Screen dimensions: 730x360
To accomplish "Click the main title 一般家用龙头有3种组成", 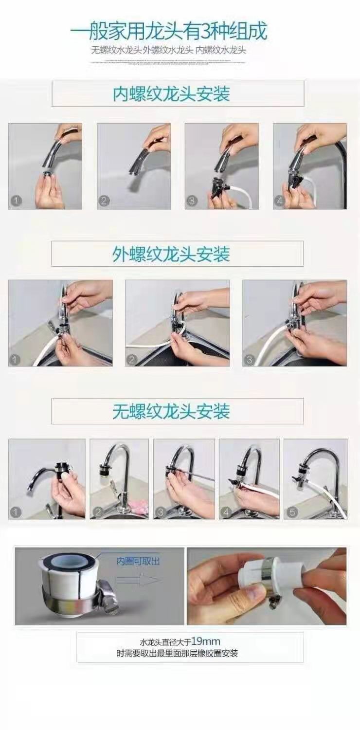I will tap(168, 32).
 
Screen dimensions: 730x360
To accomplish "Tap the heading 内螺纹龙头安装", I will tap(171, 94).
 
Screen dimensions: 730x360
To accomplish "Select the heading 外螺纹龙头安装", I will tap(171, 254).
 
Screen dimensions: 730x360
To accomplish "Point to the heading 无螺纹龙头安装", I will tap(171, 412).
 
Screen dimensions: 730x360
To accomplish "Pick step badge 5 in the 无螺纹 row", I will tap(293, 511).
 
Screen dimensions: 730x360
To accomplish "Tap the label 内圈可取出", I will tap(138, 561).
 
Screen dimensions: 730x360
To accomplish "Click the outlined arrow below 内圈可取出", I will tap(138, 580).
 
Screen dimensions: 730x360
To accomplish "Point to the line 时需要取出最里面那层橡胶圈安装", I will tap(177, 653).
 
